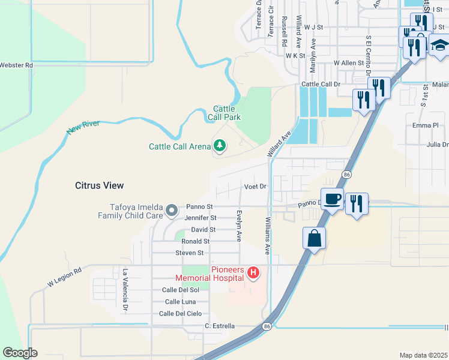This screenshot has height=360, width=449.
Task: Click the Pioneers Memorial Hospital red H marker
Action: point(253,273)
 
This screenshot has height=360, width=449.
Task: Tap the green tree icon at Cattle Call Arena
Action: point(220,146)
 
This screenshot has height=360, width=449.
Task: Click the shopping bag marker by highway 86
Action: point(315,238)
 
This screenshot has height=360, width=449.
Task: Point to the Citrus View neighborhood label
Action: point(100,185)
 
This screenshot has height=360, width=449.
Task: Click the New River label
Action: point(82,126)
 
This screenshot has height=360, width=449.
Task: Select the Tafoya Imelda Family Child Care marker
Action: point(171,210)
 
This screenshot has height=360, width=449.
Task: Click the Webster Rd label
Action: point(16,65)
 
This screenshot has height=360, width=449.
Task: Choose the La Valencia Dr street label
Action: point(126,290)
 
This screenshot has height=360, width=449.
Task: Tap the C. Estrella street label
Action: point(218,326)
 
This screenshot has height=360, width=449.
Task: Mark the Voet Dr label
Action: point(255,187)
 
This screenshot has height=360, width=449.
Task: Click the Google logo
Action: point(20,353)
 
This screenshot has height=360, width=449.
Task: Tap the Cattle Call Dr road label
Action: point(321,85)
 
